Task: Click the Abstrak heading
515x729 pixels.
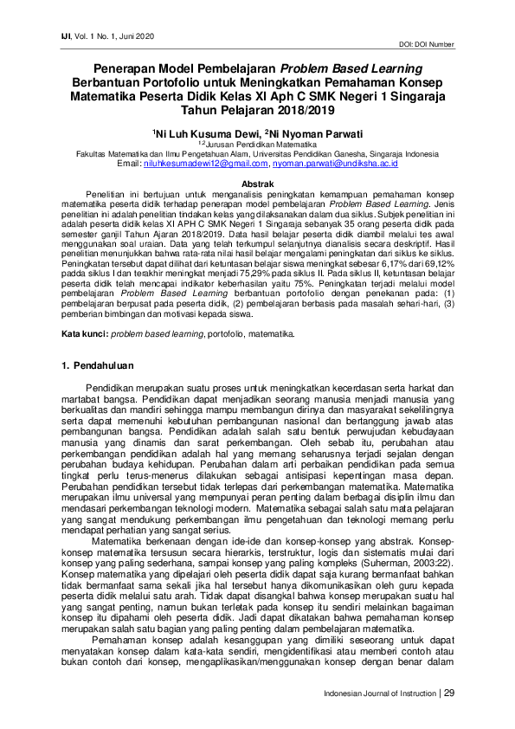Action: tap(257, 184)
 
